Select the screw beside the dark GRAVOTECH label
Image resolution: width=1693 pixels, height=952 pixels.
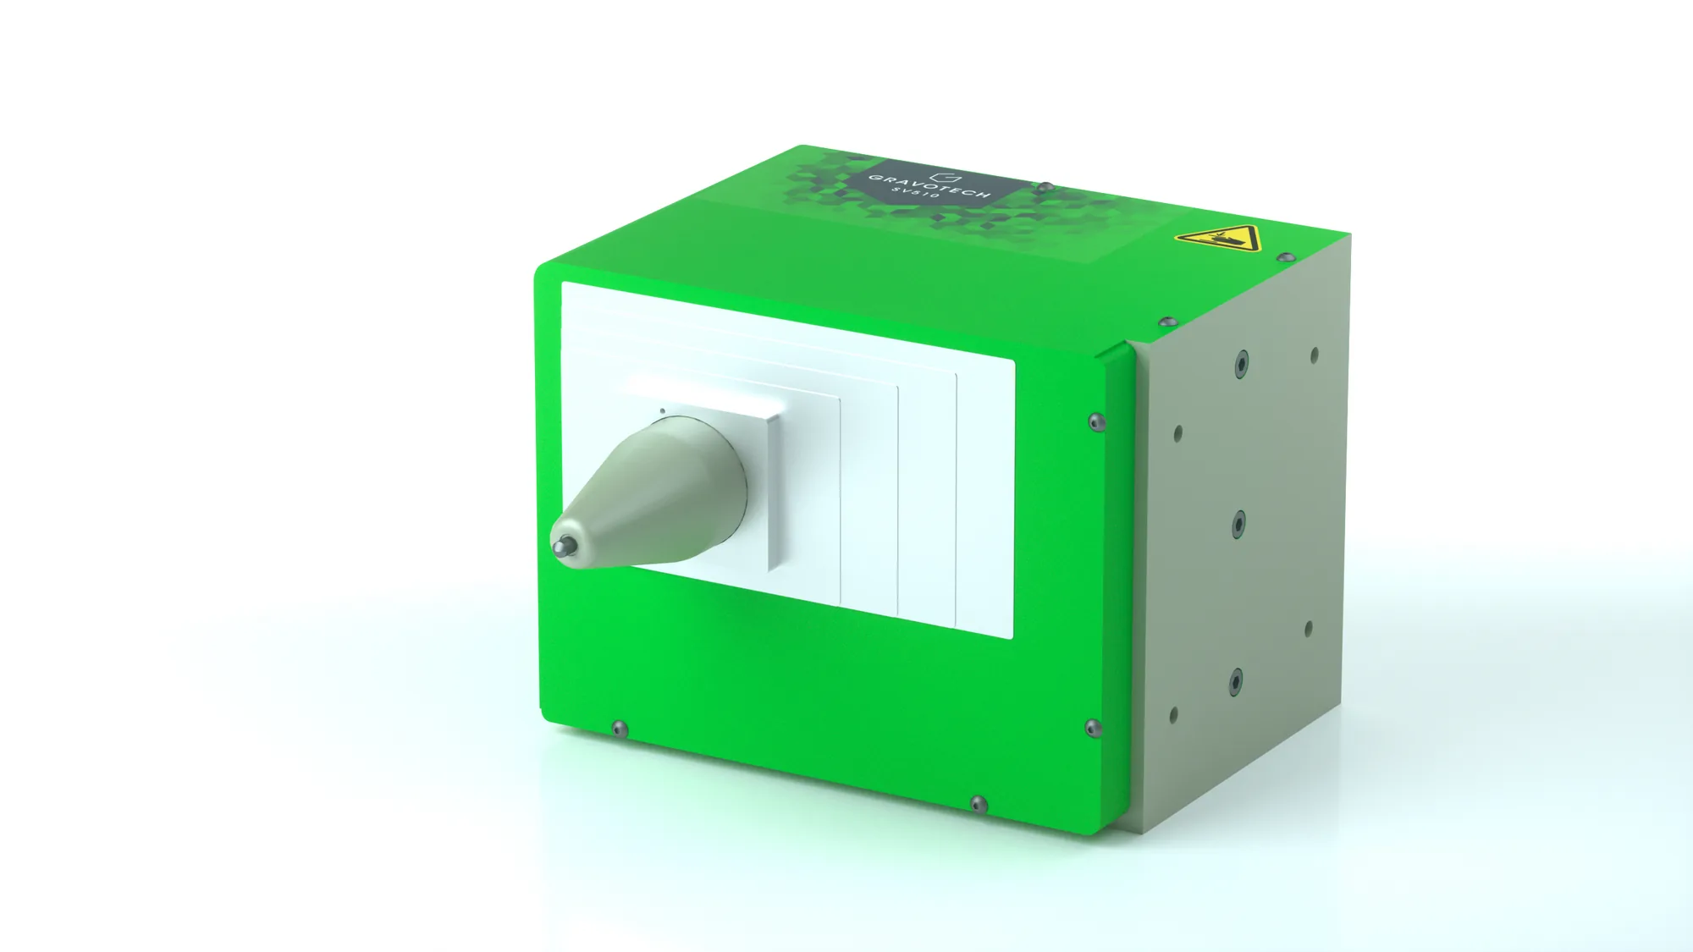click(1045, 187)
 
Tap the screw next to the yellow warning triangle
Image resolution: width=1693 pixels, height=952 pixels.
click(1285, 256)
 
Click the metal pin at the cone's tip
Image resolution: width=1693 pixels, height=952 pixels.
click(561, 548)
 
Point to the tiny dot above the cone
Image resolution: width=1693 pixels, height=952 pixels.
click(662, 411)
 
